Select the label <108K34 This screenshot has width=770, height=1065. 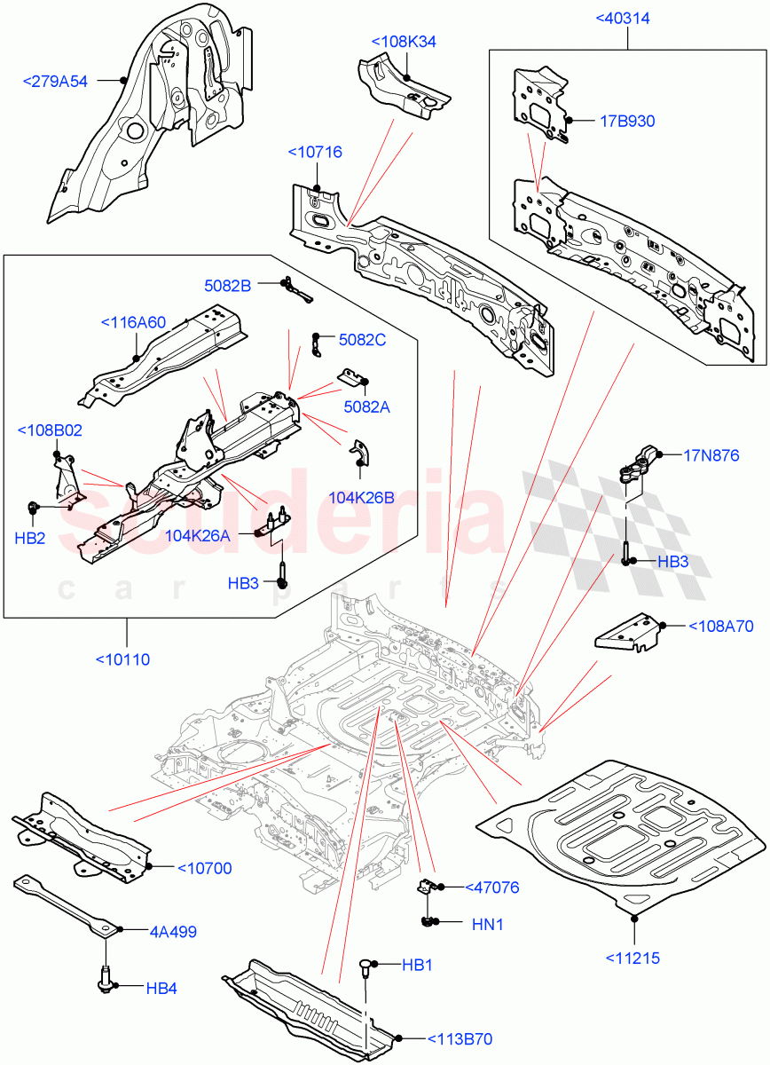(x=404, y=42)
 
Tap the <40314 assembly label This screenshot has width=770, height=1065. (x=628, y=18)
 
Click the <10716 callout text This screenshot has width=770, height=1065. (x=316, y=154)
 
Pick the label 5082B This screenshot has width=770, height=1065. (x=228, y=285)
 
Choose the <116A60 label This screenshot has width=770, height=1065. (x=133, y=322)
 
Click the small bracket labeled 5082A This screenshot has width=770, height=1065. (x=352, y=380)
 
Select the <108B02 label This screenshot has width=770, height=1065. (x=50, y=431)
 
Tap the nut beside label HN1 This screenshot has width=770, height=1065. (x=432, y=923)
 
